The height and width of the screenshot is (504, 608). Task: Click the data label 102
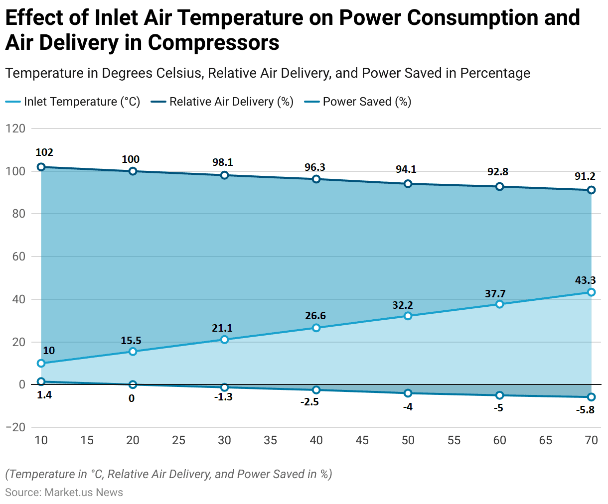point(44,152)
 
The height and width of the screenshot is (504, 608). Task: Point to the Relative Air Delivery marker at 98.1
point(225,175)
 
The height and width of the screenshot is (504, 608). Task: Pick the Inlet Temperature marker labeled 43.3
point(592,292)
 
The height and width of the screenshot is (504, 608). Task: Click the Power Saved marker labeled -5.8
point(592,397)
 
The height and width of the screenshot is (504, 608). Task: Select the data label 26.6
point(315,316)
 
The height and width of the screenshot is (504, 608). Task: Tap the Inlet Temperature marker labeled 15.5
point(133,352)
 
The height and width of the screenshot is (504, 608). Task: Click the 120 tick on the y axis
point(15,128)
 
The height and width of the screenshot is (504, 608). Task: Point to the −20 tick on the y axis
point(15,427)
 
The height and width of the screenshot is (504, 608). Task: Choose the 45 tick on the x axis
point(362,440)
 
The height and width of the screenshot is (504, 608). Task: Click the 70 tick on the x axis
point(591,440)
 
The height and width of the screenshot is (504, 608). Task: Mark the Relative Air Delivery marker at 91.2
point(592,190)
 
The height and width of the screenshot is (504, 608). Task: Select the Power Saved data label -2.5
point(309,402)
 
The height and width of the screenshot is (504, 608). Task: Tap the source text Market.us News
point(84,493)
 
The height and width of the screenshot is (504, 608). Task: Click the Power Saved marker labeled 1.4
point(41,382)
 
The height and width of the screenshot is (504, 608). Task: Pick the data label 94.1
point(406,169)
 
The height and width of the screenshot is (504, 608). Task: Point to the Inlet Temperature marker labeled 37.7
point(500,304)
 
